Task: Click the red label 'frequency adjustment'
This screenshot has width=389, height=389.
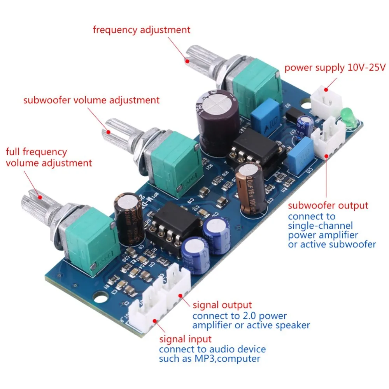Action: (x=142, y=30)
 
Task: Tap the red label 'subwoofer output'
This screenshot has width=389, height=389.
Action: (x=328, y=205)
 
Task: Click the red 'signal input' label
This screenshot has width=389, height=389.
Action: (x=186, y=339)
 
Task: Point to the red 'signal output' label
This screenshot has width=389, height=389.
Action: (x=222, y=305)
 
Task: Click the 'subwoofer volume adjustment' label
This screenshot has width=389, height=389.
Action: (x=91, y=100)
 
